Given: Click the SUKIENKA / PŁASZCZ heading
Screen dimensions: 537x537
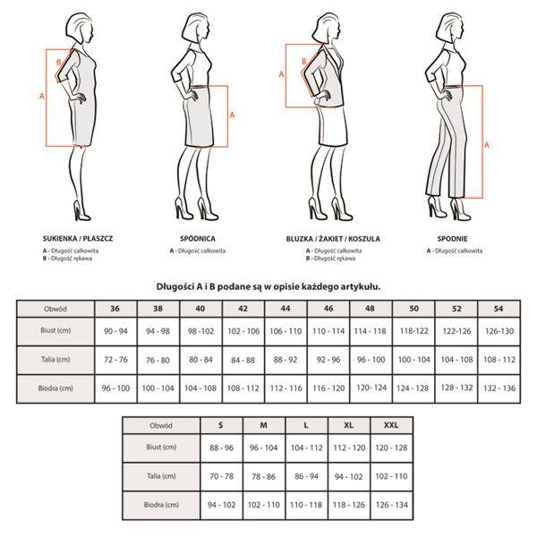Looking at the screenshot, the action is pyautogui.click(x=78, y=238).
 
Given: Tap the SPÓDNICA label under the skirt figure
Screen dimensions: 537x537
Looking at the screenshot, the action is pyautogui.click(x=198, y=238).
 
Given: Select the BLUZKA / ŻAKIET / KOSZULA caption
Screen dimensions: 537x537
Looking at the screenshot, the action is pyautogui.click(x=333, y=239).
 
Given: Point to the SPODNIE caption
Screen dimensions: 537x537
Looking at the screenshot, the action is pyautogui.click(x=452, y=238).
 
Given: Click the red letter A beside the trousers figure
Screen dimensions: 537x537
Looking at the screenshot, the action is pyautogui.click(x=486, y=145).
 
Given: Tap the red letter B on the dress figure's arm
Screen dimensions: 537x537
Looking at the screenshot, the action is pyautogui.click(x=58, y=62).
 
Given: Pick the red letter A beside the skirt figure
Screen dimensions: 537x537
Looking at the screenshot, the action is pyautogui.click(x=232, y=115).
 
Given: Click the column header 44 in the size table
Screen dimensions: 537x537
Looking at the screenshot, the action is pyautogui.click(x=286, y=309).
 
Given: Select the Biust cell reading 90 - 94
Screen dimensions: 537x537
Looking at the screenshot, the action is pyautogui.click(x=115, y=331).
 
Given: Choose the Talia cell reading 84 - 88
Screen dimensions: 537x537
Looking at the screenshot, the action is pyautogui.click(x=243, y=360).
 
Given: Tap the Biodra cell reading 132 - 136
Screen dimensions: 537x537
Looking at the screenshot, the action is pyautogui.click(x=499, y=388).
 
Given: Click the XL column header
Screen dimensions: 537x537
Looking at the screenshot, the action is pyautogui.click(x=349, y=425).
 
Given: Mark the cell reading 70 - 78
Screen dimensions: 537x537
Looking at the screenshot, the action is pyautogui.click(x=221, y=476).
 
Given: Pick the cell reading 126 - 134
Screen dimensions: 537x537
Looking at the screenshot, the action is pyautogui.click(x=392, y=505).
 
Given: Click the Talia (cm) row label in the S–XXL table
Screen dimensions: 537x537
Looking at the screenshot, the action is pyautogui.click(x=161, y=476).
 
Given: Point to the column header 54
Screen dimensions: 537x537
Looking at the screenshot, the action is pyautogui.click(x=499, y=309).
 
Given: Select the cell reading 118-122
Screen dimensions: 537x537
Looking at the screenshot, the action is pyautogui.click(x=413, y=331).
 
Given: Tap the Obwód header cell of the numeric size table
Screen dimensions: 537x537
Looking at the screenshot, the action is pyautogui.click(x=55, y=309).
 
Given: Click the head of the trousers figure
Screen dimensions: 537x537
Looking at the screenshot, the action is pyautogui.click(x=452, y=28).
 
